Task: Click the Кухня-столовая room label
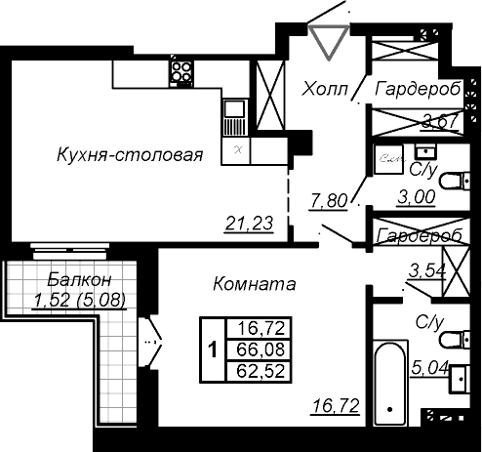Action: [130, 154]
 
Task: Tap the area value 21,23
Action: [250, 224]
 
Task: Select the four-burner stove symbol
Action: [181, 73]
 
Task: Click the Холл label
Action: [325, 89]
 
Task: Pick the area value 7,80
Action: [329, 201]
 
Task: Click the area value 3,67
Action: [440, 121]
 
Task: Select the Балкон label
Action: [79, 280]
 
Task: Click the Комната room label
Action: [255, 284]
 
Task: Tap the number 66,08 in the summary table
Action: [261, 349]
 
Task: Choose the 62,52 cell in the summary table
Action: [261, 371]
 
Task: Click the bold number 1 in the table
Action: [213, 350]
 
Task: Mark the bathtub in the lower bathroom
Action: [390, 383]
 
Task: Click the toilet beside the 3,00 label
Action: [455, 181]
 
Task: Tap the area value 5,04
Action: [430, 368]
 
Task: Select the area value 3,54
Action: [427, 271]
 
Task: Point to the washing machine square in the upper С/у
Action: [388, 159]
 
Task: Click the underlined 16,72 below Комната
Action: [336, 406]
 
